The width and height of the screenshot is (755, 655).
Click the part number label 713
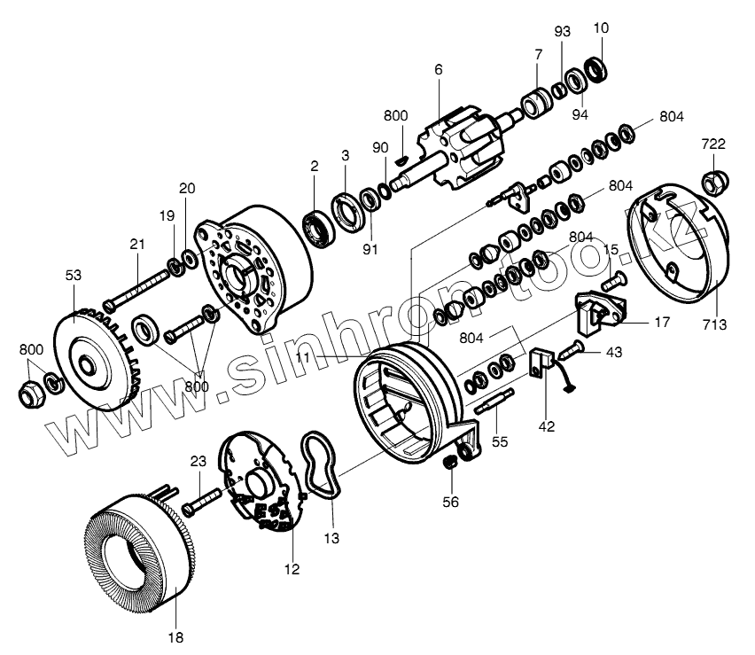[711, 324]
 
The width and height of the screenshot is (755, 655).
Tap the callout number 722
[713, 144]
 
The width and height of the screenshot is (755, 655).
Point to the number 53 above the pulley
[73, 275]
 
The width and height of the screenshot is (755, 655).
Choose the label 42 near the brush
[546, 426]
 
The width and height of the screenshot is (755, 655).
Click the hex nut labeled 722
[713, 183]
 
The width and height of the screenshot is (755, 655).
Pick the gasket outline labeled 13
[321, 465]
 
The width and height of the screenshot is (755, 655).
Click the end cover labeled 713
[678, 239]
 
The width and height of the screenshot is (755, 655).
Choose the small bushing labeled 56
[450, 461]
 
